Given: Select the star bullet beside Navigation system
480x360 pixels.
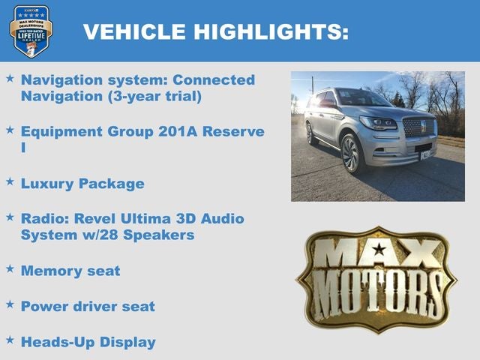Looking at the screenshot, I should [10, 78].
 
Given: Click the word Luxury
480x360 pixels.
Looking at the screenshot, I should [49, 183].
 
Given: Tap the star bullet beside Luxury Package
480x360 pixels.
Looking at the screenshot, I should [10, 181].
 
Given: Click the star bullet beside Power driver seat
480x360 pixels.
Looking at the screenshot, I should [10, 304].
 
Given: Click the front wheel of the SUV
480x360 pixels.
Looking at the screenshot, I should [352, 154].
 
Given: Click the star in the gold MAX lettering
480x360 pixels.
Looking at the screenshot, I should [379, 250].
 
